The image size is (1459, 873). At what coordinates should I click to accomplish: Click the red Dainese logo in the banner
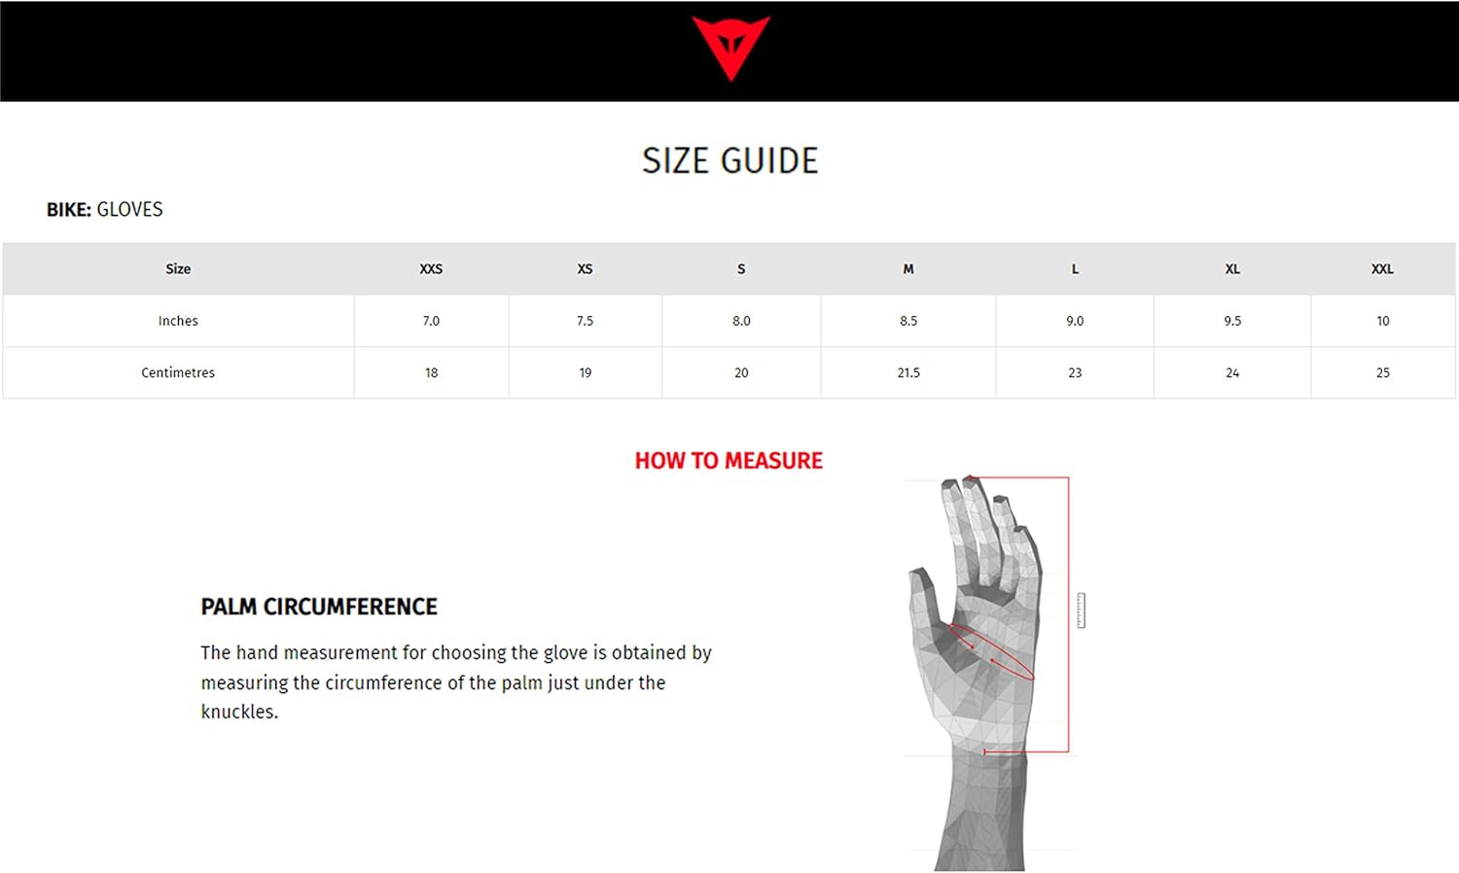pyautogui.click(x=730, y=47)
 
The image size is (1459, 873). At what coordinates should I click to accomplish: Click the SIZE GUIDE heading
pyautogui.click(x=729, y=160)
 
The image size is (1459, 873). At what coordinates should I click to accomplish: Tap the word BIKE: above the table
pyautogui.click(x=68, y=210)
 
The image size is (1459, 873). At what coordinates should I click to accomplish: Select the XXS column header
pyautogui.click(x=431, y=269)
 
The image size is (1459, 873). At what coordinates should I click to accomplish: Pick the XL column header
pyautogui.click(x=1231, y=269)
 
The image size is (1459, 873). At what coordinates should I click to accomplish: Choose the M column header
pyautogui.click(x=907, y=269)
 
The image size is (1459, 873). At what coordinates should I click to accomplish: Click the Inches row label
pyautogui.click(x=178, y=321)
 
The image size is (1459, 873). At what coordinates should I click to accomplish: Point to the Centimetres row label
pyautogui.click(x=178, y=373)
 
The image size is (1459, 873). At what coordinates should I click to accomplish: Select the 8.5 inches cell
pyautogui.click(x=907, y=321)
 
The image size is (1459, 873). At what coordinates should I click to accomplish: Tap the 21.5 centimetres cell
pyautogui.click(x=907, y=373)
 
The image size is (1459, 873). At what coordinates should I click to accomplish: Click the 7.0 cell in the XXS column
pyautogui.click(x=431, y=321)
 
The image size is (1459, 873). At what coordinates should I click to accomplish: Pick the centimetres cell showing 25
pyautogui.click(x=1382, y=373)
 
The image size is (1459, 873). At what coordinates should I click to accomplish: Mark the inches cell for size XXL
pyautogui.click(x=1382, y=321)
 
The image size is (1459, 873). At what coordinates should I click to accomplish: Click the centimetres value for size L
pyautogui.click(x=1075, y=373)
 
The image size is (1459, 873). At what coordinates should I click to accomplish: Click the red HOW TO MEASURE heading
pyautogui.click(x=729, y=461)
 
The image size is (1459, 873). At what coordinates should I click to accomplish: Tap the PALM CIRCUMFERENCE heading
pyautogui.click(x=319, y=607)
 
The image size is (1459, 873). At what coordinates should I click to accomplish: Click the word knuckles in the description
pyautogui.click(x=239, y=713)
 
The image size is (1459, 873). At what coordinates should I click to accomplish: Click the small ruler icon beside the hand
pyautogui.click(x=1082, y=610)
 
